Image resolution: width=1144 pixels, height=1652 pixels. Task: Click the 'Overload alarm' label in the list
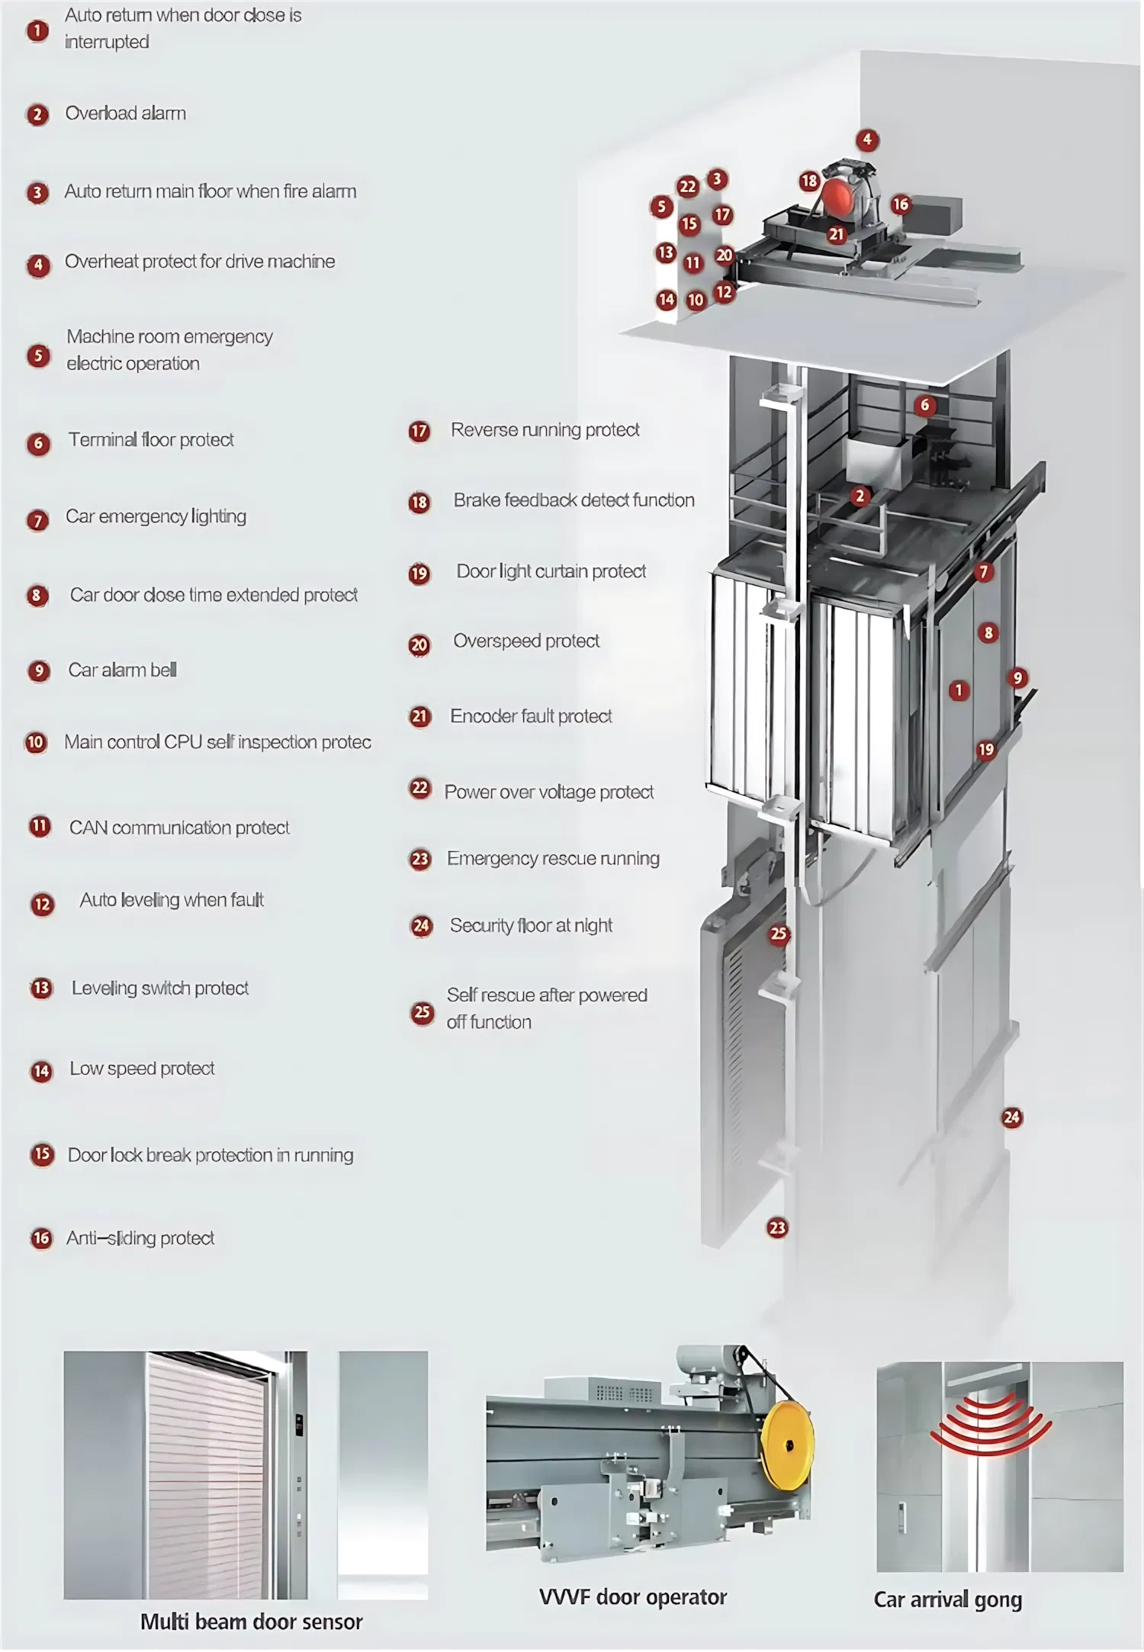(125, 114)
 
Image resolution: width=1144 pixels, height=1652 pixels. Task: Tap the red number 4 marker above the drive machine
(866, 140)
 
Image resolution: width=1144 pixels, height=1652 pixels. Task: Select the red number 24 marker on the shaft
(1011, 1118)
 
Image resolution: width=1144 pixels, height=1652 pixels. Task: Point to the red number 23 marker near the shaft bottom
(777, 1228)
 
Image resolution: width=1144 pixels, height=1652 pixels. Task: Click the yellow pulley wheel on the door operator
(789, 1445)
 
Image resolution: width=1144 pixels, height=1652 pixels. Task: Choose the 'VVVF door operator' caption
(632, 1597)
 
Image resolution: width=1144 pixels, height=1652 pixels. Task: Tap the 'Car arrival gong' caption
(947, 1599)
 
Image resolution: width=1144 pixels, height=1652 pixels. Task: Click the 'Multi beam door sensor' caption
(251, 1621)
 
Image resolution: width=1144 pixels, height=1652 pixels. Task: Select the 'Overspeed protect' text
(526, 641)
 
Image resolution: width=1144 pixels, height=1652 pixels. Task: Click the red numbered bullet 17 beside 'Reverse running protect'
(419, 432)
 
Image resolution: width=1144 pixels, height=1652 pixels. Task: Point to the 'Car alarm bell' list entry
(122, 670)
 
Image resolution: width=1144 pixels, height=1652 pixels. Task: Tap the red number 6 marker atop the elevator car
(925, 405)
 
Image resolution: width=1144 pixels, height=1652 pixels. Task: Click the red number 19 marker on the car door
(986, 750)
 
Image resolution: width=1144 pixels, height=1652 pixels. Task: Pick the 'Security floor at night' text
(531, 926)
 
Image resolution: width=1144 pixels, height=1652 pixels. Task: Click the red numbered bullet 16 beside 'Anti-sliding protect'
(41, 1239)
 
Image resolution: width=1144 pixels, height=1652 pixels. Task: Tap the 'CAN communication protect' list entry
(179, 828)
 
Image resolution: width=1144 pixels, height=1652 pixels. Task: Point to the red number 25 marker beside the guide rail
(778, 934)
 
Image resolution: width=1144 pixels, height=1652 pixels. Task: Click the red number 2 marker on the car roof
(860, 497)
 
